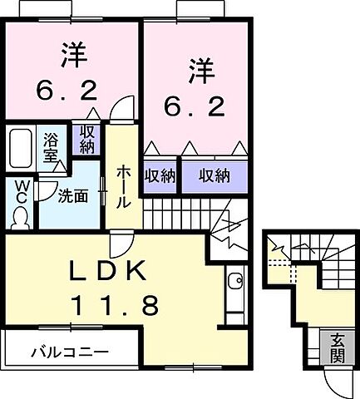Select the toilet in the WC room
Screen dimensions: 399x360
click(x=20, y=214)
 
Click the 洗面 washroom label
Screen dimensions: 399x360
click(x=72, y=197)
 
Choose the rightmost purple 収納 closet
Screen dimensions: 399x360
click(x=215, y=175)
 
